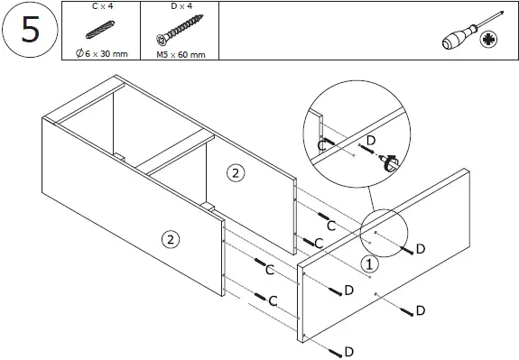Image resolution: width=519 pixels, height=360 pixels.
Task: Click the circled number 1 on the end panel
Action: pos(368,264)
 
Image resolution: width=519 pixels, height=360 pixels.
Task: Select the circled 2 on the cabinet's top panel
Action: pos(236,174)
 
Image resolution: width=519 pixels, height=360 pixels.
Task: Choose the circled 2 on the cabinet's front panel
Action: pos(168,239)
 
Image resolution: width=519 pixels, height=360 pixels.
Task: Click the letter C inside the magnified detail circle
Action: pos(321,144)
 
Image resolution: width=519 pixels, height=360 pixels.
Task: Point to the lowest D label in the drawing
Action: pos(348,350)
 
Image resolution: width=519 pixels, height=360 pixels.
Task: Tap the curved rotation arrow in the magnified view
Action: pos(392,164)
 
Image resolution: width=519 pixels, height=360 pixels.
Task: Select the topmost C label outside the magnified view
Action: pos(330,225)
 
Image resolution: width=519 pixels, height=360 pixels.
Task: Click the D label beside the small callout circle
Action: pos(421,247)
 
